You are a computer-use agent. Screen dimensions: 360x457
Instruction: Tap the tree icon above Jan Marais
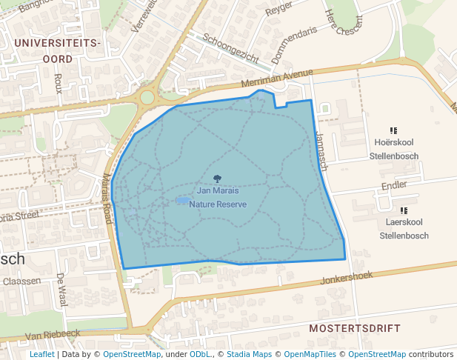[x=217, y=179]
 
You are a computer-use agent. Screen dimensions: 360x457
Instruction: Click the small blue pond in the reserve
[x=181, y=200]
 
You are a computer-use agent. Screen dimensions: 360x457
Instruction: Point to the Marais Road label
[x=107, y=199]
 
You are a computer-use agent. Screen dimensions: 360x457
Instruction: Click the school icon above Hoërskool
[x=393, y=131]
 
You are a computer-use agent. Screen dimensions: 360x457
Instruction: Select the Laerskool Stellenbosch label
[x=404, y=229]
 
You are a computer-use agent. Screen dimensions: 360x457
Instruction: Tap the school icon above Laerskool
[x=404, y=210]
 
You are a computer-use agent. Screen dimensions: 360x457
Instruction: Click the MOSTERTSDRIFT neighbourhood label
[x=355, y=327]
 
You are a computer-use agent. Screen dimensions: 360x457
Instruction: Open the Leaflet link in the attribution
[x=41, y=354]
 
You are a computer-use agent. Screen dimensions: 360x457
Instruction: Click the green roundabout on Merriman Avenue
[x=147, y=97]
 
